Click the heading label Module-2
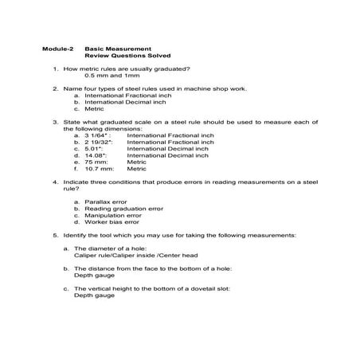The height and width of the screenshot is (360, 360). (57, 49)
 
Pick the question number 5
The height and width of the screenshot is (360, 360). (56, 236)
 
